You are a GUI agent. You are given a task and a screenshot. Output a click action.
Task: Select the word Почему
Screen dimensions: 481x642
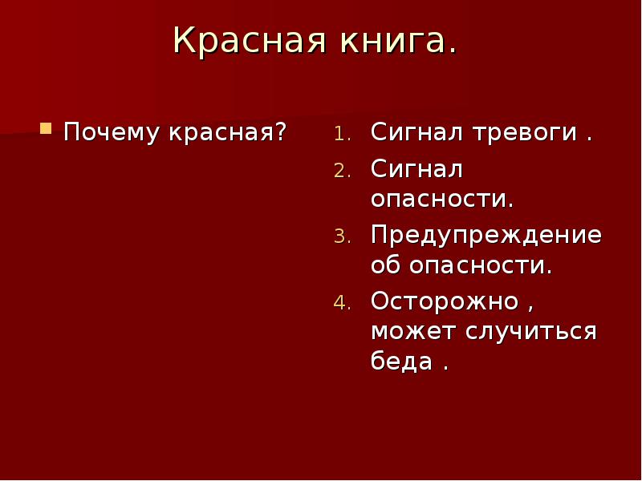tap(112, 131)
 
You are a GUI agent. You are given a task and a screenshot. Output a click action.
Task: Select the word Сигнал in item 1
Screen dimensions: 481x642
tap(417, 132)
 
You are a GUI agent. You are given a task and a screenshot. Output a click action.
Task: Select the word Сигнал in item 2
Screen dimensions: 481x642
tap(417, 169)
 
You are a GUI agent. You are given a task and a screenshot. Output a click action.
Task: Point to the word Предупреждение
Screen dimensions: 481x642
tap(486, 235)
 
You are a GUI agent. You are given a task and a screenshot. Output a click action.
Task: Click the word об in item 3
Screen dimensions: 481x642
tap(384, 265)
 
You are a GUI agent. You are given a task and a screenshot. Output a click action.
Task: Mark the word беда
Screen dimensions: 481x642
tap(401, 361)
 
